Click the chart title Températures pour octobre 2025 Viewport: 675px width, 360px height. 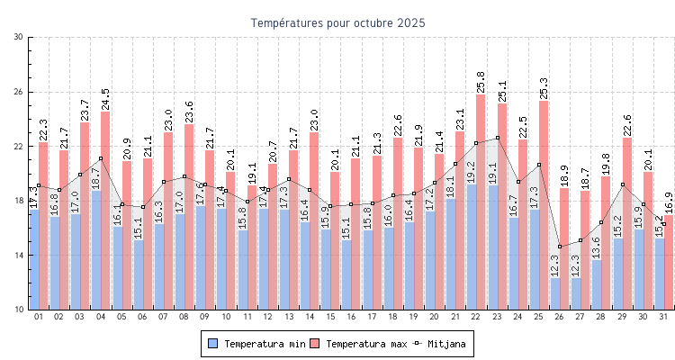click(x=337, y=22)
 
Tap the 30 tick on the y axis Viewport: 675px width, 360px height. click(x=19, y=37)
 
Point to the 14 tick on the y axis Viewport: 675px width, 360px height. click(x=19, y=256)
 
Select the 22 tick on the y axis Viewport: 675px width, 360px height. click(x=19, y=147)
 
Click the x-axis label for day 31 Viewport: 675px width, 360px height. click(x=663, y=317)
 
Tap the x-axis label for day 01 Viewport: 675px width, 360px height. click(x=39, y=317)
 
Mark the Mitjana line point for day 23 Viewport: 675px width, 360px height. click(x=497, y=138)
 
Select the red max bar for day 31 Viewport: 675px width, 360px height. click(x=668, y=262)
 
